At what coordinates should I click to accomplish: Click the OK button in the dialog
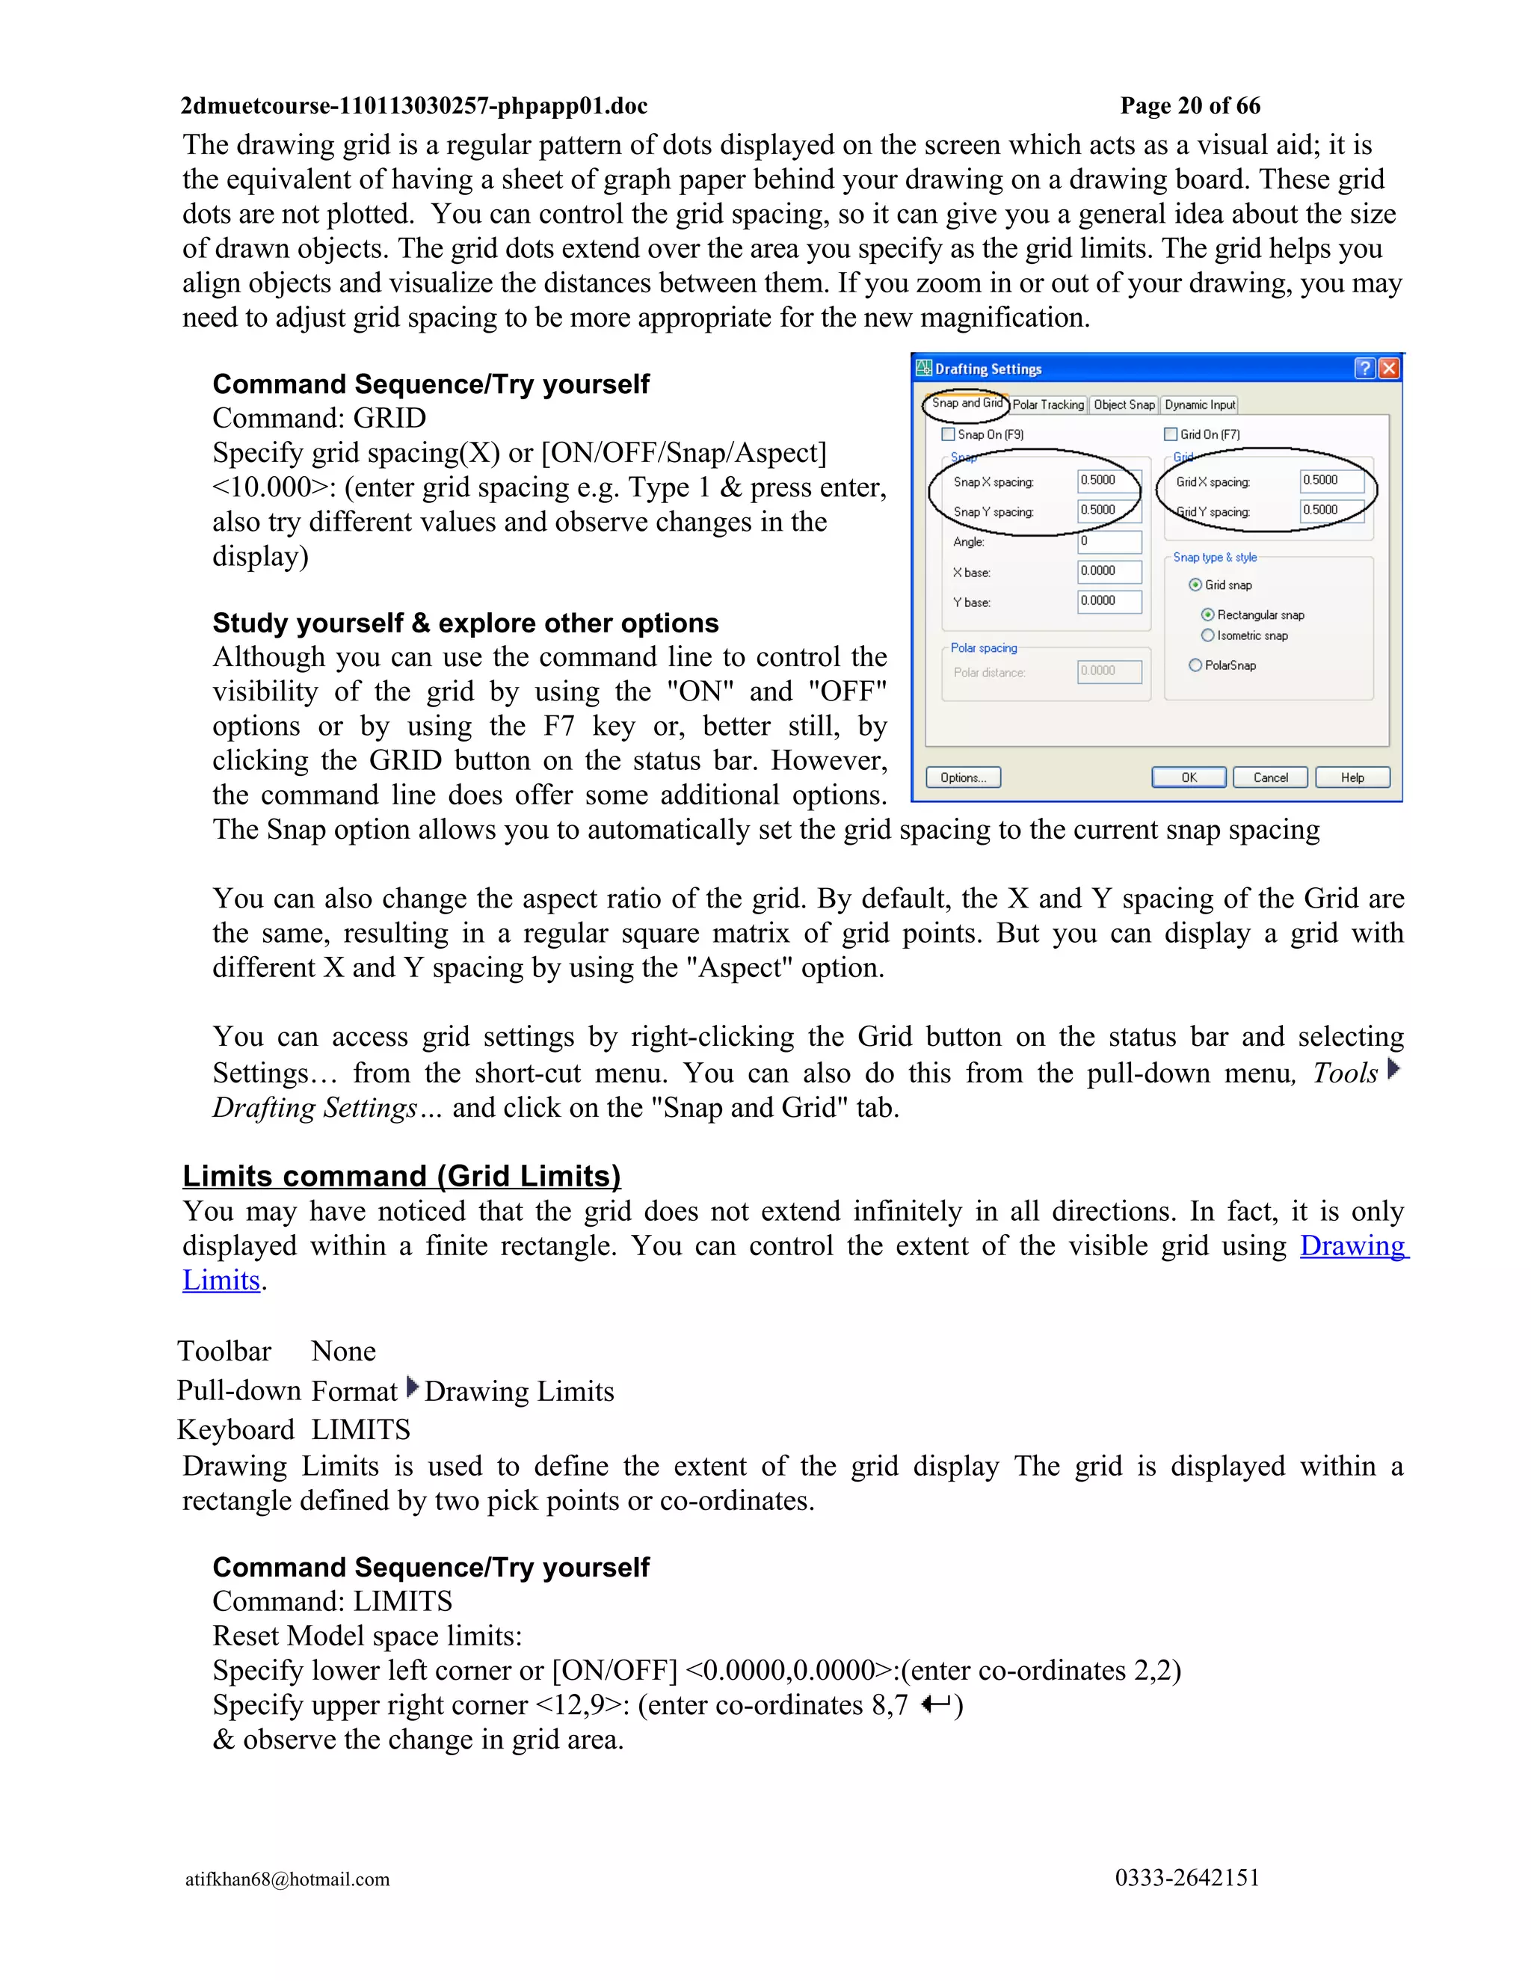[x=1188, y=777]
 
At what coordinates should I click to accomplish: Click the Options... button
[x=962, y=777]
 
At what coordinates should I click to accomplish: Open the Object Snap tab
[x=1124, y=404]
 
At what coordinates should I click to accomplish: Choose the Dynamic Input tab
[x=1199, y=404]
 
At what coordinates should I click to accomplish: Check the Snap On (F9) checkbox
[x=949, y=434]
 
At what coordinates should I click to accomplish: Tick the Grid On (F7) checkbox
[x=1171, y=434]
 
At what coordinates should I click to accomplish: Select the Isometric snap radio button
[x=1207, y=635]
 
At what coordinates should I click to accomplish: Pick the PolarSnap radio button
[x=1195, y=665]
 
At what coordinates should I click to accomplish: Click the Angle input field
[x=1109, y=541]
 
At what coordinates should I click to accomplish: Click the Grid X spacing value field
[x=1331, y=481]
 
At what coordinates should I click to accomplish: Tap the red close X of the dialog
[x=1389, y=369]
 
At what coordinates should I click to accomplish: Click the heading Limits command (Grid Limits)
[x=401, y=1176]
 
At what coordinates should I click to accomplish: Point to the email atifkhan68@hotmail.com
[x=288, y=1879]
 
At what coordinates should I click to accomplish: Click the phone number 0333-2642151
[x=1186, y=1878]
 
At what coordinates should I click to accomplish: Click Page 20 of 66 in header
[x=1190, y=106]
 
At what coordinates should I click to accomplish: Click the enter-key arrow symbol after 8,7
[x=935, y=1704]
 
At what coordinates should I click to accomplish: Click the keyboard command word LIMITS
[x=361, y=1429]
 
